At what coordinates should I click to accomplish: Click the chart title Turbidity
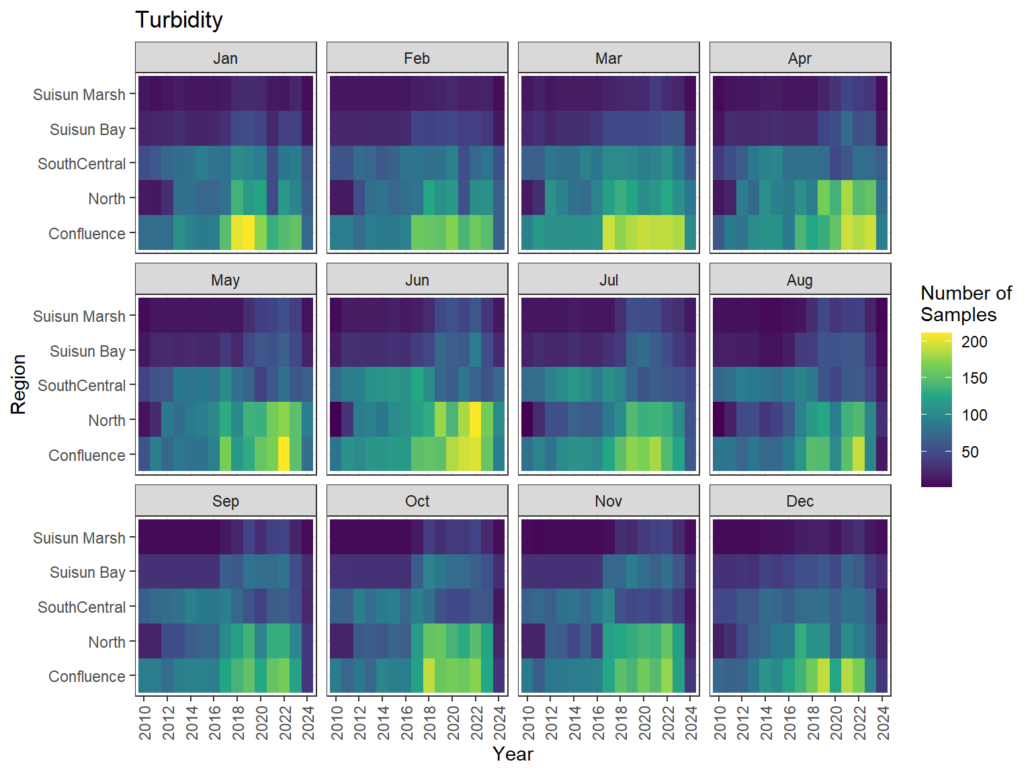(179, 20)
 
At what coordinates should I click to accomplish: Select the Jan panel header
(226, 58)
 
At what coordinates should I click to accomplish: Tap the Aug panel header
(800, 280)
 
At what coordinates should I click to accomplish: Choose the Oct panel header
(417, 501)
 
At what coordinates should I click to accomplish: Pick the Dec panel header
(800, 501)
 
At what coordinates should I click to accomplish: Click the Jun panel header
(417, 280)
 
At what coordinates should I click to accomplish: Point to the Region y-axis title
(18, 384)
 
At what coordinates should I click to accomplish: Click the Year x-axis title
(513, 754)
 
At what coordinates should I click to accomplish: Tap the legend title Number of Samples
(965, 304)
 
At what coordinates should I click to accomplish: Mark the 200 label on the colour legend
(974, 342)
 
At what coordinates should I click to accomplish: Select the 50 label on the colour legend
(970, 452)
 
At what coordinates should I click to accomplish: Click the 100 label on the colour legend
(974, 415)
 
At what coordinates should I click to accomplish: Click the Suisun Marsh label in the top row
(79, 95)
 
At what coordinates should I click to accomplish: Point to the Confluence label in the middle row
(87, 456)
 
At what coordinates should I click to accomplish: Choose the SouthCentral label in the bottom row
(82, 607)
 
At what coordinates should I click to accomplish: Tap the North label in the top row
(107, 199)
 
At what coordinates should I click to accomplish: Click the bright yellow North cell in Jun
(476, 419)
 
